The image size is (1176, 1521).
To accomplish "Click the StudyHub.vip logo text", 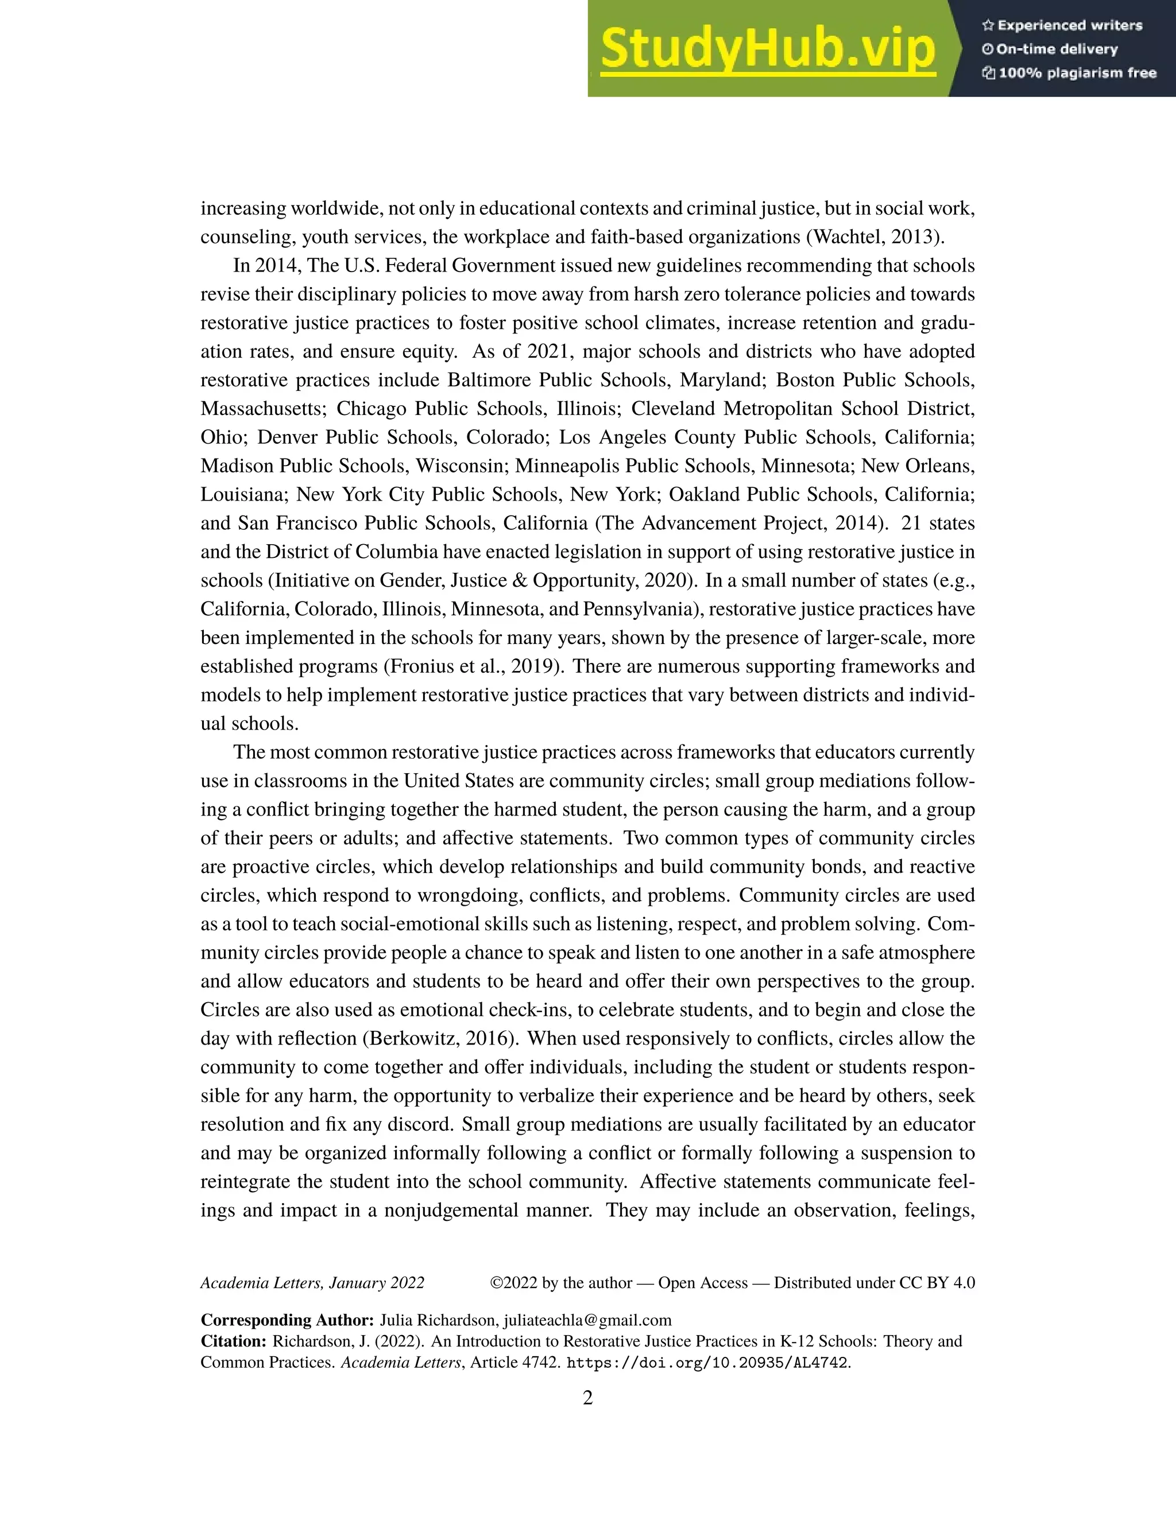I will point(767,49).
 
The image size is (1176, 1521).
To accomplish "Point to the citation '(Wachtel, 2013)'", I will point(876,237).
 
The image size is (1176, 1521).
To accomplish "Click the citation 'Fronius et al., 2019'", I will point(473,666).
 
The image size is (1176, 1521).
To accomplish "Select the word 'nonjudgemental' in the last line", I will point(450,1210).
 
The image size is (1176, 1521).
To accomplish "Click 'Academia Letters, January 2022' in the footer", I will point(312,1283).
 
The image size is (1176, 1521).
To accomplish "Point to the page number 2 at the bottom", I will point(587,1398).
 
